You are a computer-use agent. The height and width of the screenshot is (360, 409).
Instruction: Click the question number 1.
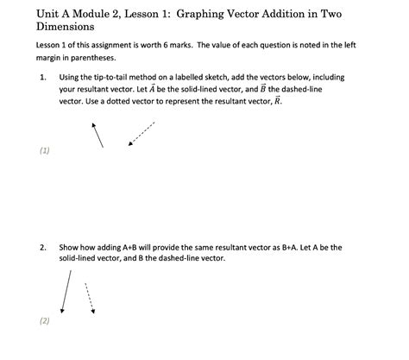[41, 77]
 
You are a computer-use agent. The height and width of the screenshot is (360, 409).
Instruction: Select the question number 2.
[41, 246]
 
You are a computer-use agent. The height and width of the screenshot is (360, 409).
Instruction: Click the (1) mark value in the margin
[45, 150]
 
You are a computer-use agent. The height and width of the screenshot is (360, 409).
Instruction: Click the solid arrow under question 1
[98, 133]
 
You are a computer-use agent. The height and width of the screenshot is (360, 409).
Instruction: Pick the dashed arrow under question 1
[142, 133]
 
